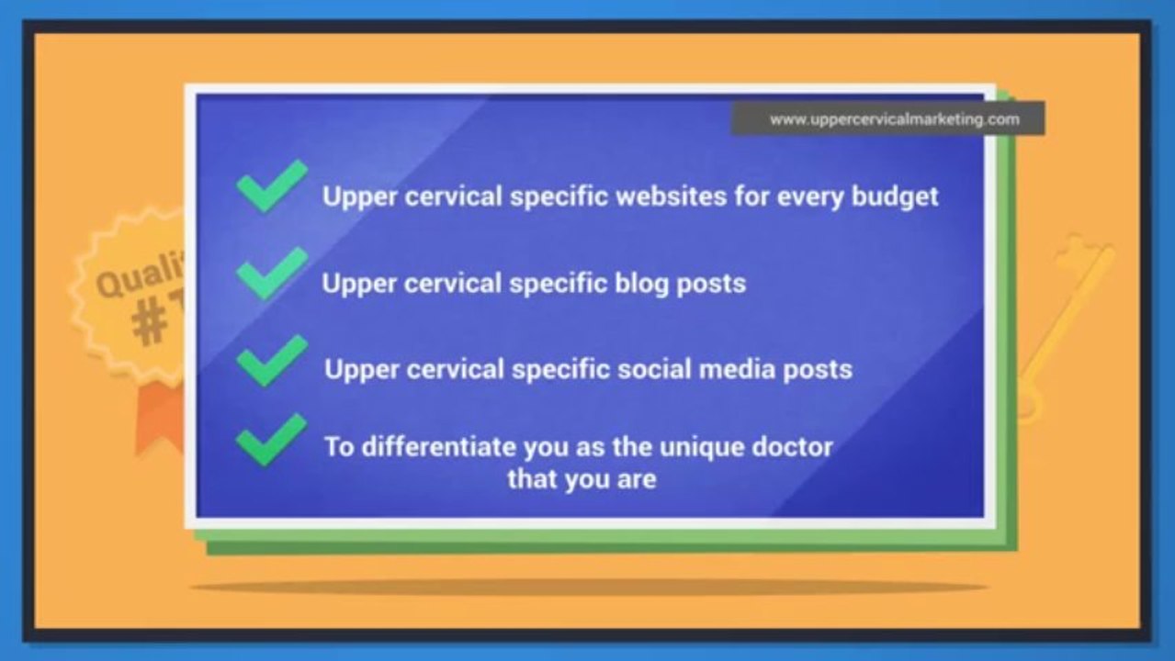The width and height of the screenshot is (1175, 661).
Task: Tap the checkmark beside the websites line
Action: (271, 186)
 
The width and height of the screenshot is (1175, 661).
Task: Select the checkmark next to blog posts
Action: (271, 273)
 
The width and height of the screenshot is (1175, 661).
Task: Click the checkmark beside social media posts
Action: (271, 360)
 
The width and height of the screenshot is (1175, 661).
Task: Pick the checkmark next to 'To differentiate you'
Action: (271, 439)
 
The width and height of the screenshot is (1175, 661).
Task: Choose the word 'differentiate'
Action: (439, 447)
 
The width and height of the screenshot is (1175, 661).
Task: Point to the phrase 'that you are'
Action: (582, 479)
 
